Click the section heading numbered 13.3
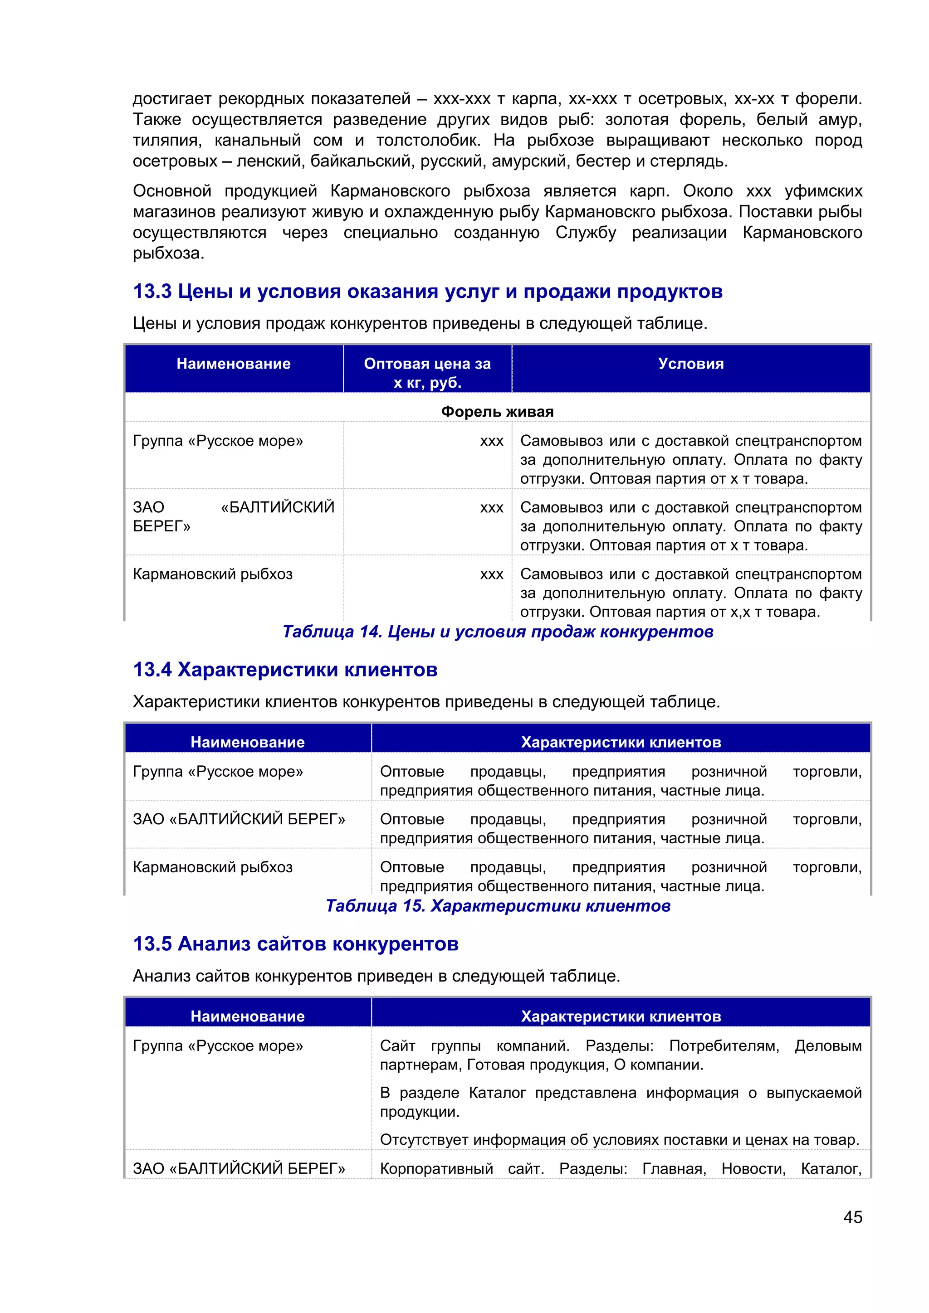[427, 292]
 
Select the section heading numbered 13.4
[285, 670]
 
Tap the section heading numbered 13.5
[295, 943]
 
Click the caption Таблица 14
[498, 632]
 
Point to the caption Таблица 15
[498, 906]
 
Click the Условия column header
[690, 364]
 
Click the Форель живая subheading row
[497, 412]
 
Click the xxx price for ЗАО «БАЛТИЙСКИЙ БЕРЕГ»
[491, 508]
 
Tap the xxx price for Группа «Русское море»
[491, 442]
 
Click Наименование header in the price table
[234, 364]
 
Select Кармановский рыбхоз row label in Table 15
[212, 867]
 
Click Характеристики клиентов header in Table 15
[621, 742]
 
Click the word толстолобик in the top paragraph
[427, 141]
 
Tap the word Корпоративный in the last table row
[436, 1169]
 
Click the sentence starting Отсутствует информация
[619, 1140]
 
